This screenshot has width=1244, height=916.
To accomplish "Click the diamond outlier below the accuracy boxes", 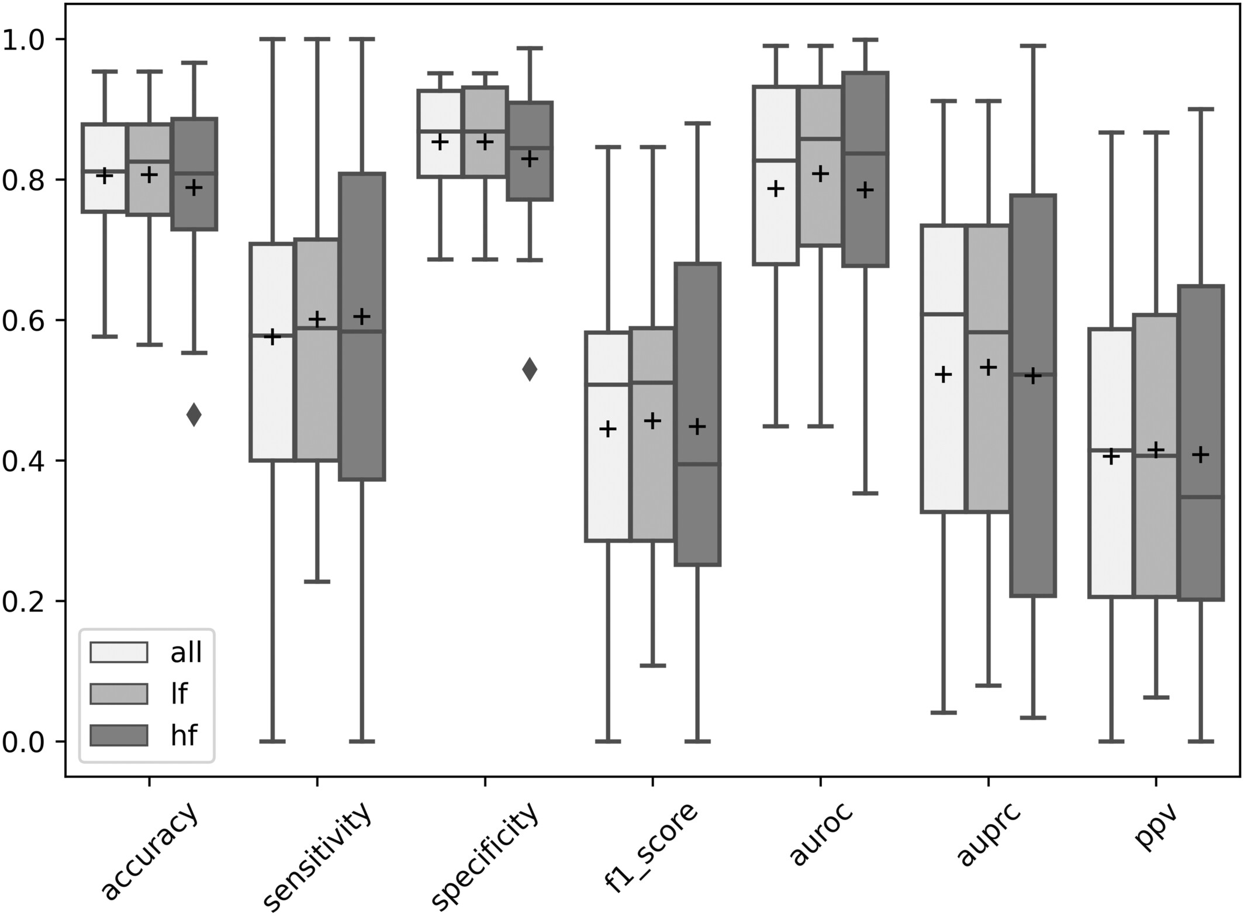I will [194, 415].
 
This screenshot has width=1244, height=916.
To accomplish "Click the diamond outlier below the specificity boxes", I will [530, 369].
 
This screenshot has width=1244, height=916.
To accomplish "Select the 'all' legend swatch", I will [118, 652].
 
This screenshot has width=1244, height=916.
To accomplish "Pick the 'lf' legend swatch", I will [118, 693].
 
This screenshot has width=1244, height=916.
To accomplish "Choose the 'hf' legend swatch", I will [118, 735].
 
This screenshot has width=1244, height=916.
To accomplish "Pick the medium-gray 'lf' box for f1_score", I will [652, 468].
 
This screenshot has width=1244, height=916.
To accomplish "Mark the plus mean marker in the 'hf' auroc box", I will [865, 190].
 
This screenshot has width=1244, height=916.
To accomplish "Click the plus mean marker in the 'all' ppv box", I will [1111, 456].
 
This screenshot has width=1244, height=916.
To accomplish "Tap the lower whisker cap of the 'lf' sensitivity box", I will [317, 582].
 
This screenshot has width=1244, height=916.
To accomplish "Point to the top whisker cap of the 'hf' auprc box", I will [1033, 45].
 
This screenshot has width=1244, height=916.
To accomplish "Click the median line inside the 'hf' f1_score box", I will [697, 464].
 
